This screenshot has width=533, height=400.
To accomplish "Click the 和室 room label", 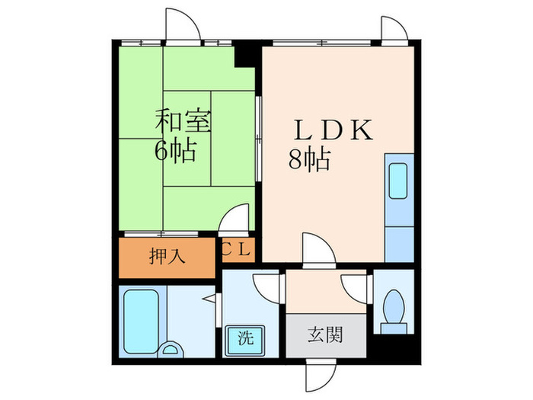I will (184, 121).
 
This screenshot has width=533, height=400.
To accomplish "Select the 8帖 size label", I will (308, 159).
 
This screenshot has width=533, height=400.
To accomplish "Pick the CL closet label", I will (238, 250).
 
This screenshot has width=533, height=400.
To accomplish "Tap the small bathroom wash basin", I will (174, 350).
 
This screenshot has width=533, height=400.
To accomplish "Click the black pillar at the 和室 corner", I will (246, 56).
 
